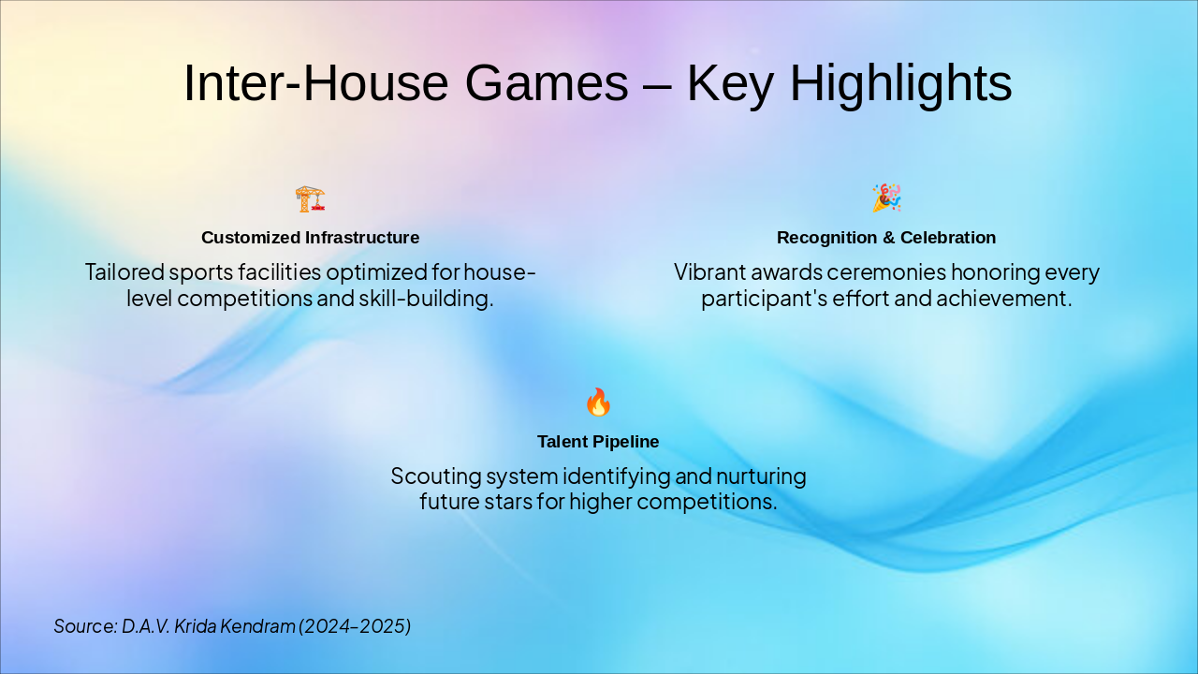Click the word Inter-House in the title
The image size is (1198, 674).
pyautogui.click(x=315, y=83)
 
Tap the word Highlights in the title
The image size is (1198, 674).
pyautogui.click(x=902, y=83)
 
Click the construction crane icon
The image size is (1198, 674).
pyautogui.click(x=310, y=198)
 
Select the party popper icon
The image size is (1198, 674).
pyautogui.click(x=886, y=198)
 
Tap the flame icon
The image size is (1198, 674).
pyautogui.click(x=598, y=403)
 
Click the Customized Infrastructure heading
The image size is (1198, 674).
pyautogui.click(x=310, y=238)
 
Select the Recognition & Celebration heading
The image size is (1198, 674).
pyautogui.click(x=886, y=238)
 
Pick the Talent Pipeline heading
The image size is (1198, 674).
pyautogui.click(x=598, y=442)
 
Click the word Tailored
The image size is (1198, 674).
pyautogui.click(x=123, y=272)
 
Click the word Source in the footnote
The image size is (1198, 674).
pyautogui.click(x=83, y=626)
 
